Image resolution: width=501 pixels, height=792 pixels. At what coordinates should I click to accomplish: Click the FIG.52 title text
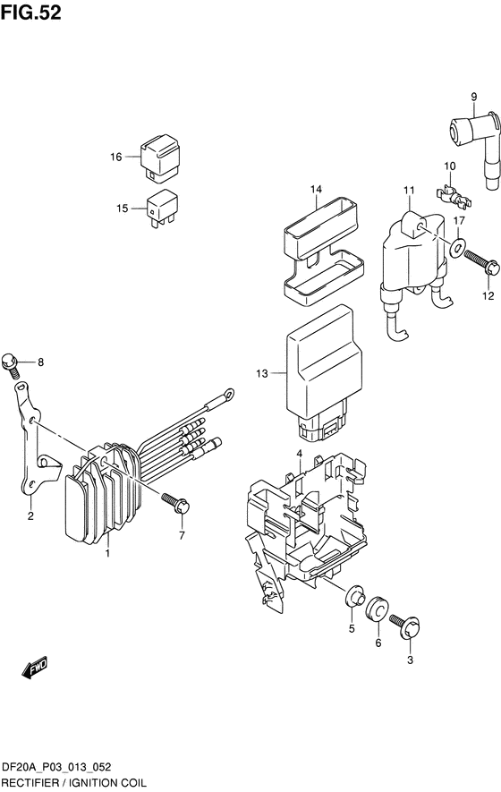(x=30, y=13)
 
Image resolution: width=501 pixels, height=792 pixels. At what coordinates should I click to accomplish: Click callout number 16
(x=116, y=157)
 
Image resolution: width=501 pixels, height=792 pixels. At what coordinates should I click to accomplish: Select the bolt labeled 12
(x=480, y=262)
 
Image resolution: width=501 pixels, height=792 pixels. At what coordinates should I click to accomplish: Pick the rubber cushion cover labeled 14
(x=323, y=252)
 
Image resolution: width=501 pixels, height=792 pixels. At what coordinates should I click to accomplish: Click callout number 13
(x=262, y=374)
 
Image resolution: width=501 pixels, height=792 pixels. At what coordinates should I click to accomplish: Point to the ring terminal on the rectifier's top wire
(x=229, y=393)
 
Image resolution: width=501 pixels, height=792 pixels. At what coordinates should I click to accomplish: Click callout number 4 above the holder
(x=299, y=453)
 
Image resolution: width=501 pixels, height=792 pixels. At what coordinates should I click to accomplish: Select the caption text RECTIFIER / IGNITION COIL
(x=73, y=783)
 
